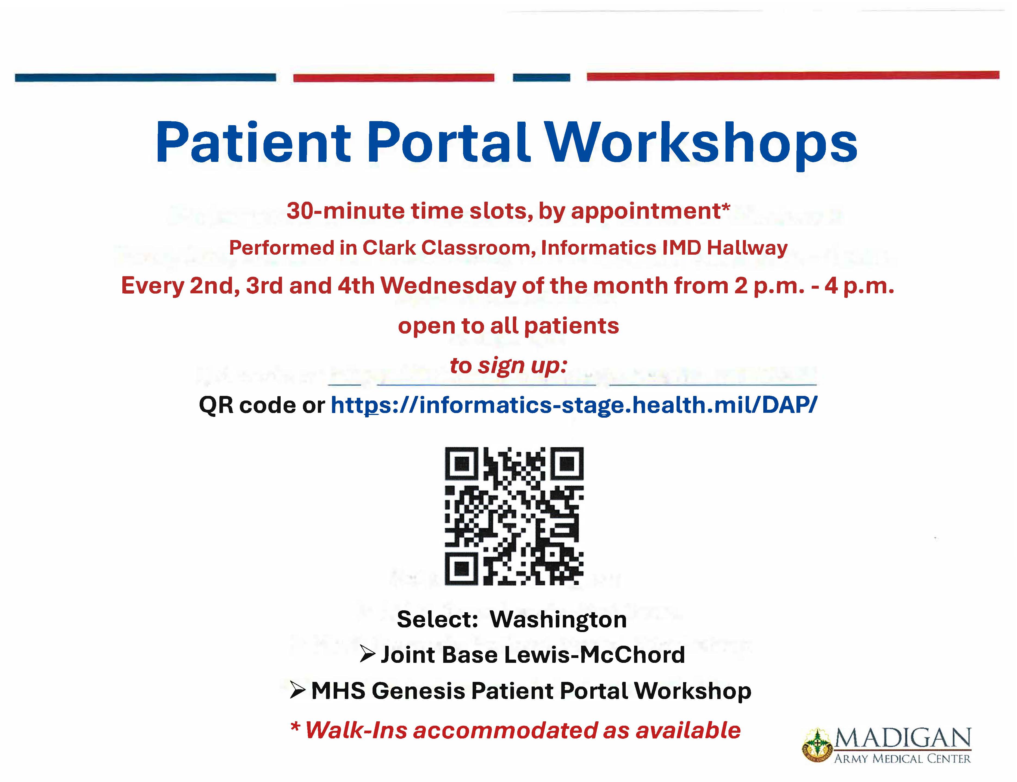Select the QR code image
pyautogui.click(x=514, y=516)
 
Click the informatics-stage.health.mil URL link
pyautogui.click(x=574, y=405)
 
